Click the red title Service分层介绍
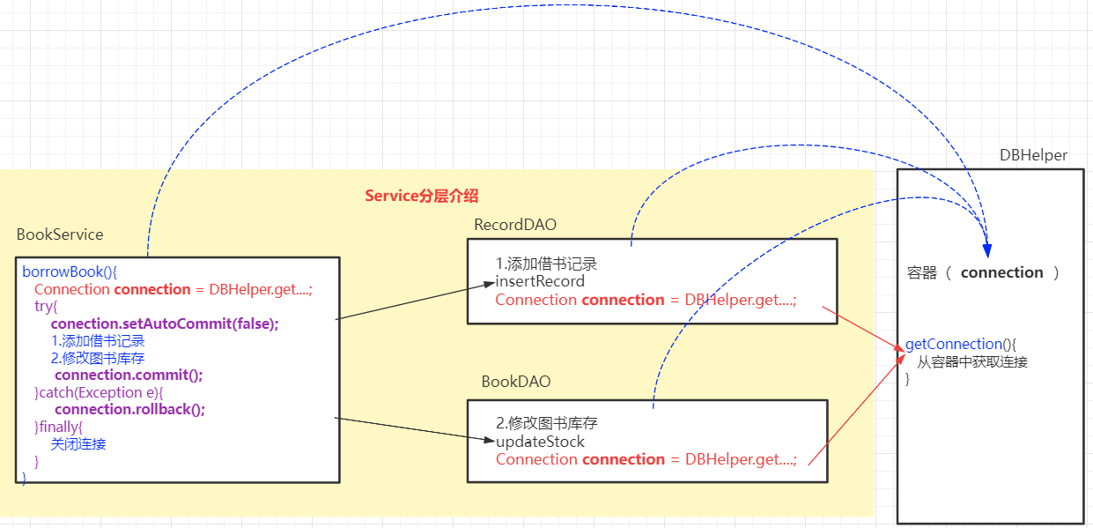(x=421, y=196)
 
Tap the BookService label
(x=60, y=234)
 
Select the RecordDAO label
(x=515, y=225)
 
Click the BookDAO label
(x=515, y=382)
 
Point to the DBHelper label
(x=1033, y=155)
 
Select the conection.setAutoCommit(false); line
(x=165, y=323)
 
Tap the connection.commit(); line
(x=129, y=375)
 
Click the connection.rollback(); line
(x=129, y=409)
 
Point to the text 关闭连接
(x=78, y=443)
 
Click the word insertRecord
(x=540, y=282)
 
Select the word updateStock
(x=540, y=441)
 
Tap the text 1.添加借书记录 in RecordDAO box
(x=546, y=264)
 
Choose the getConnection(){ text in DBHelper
(x=961, y=344)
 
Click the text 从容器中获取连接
(x=972, y=361)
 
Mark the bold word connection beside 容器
(x=1001, y=272)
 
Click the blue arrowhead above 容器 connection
(x=987, y=250)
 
